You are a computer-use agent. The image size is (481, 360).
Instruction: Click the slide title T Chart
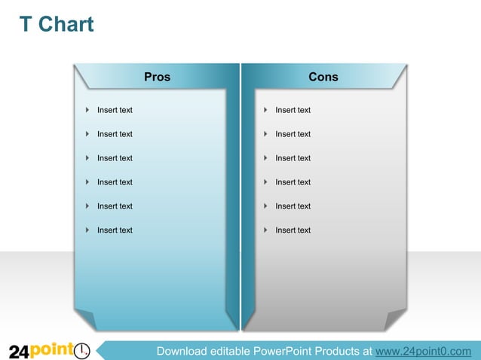[57, 25]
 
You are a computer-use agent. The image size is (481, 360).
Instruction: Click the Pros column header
[157, 77]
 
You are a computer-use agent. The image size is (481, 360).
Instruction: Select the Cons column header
[323, 77]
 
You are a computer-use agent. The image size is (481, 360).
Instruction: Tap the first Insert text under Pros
[115, 110]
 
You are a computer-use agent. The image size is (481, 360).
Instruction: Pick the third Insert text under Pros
[115, 158]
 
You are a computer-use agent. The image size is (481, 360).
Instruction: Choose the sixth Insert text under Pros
[115, 230]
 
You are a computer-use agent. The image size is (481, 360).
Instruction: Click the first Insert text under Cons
[293, 110]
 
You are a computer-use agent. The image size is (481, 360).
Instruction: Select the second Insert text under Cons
[293, 134]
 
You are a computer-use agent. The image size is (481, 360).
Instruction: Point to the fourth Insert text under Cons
[293, 182]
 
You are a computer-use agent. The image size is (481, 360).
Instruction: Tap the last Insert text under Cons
[293, 230]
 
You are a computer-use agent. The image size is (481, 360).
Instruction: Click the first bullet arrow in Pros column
[88, 110]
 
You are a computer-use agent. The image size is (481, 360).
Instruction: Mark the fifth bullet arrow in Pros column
[88, 206]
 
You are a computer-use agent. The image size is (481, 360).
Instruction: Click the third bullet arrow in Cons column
[266, 158]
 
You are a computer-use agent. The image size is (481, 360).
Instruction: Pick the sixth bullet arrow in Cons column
[266, 230]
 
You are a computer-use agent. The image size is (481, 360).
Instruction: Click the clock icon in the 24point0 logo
[82, 351]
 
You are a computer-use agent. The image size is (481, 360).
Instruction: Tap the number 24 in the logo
[19, 352]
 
